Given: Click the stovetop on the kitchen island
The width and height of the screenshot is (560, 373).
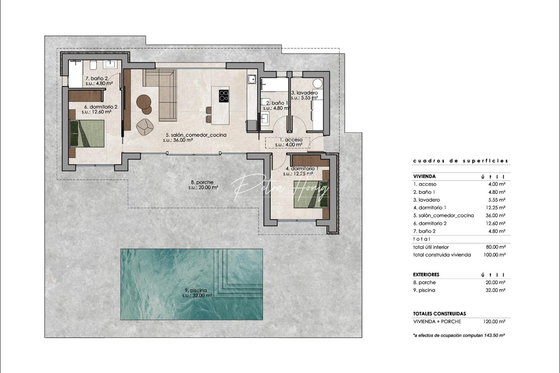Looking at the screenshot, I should (x=224, y=95).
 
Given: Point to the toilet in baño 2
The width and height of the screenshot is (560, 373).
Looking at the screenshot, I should (x=93, y=65).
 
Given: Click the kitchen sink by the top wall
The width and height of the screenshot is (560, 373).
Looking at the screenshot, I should (x=251, y=80).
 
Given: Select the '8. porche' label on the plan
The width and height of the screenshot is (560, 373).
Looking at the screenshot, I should (x=202, y=182).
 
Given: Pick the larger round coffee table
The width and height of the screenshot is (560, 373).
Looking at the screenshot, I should (x=143, y=102).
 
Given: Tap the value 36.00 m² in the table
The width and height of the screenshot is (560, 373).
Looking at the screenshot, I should (x=495, y=216).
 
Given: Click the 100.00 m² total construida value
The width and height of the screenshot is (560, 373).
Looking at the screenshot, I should (x=494, y=255).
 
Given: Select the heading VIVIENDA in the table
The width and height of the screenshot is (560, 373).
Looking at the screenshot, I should (x=424, y=176).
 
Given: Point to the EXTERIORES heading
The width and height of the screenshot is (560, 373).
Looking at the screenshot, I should (x=426, y=275).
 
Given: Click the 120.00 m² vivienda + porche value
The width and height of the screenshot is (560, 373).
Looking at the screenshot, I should (x=494, y=322).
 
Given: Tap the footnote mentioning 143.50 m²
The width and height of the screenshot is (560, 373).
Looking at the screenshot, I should (x=459, y=335).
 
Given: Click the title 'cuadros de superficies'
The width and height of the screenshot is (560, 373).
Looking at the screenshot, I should (x=460, y=161).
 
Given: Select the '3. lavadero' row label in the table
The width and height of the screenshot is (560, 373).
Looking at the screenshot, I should (x=427, y=200).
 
